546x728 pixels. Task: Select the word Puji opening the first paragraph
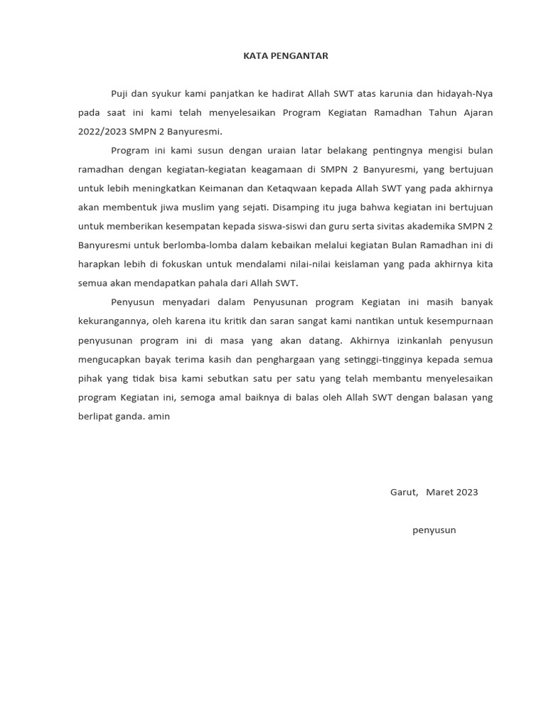(x=121, y=94)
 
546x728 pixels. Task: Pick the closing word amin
(x=159, y=416)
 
